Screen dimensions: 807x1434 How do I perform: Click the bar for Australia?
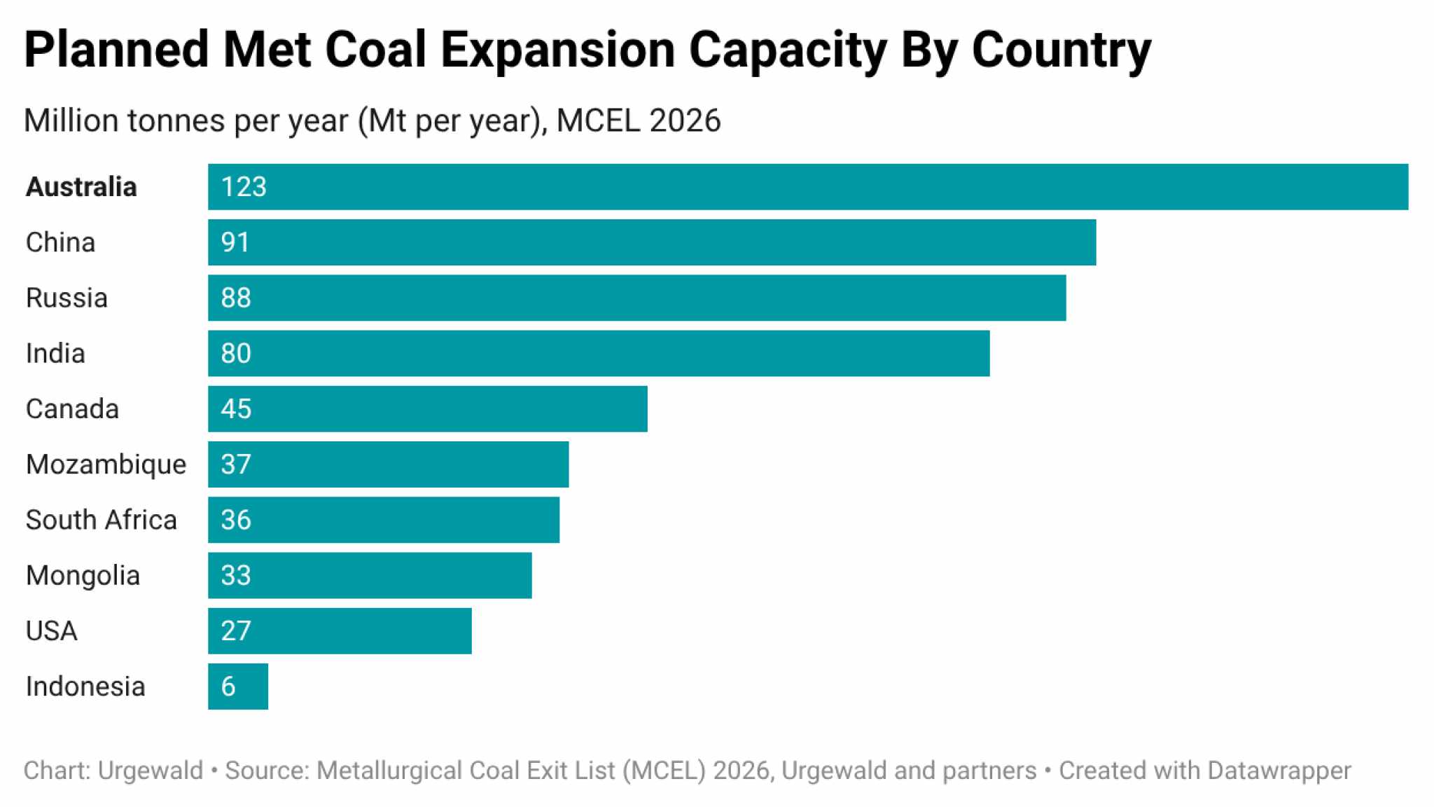[x=807, y=187]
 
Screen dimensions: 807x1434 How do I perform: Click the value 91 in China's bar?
[x=235, y=242]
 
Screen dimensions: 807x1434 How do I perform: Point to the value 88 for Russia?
[x=236, y=298]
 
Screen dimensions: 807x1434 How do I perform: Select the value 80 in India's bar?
[x=236, y=353]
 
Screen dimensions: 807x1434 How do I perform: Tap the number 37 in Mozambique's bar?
[x=236, y=464]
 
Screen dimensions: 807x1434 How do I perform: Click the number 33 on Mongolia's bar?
[x=236, y=575]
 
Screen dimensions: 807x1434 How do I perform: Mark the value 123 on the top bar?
[x=244, y=187]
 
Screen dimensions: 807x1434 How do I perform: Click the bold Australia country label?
[x=81, y=187]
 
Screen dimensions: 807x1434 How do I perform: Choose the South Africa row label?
[x=102, y=520]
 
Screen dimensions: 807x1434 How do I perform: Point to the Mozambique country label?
[x=106, y=464]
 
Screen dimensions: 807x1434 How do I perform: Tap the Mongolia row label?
[x=83, y=575]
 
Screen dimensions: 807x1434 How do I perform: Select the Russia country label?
[x=67, y=298]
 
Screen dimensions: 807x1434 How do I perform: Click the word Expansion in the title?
[x=557, y=50]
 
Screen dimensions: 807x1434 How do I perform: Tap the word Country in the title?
[x=1061, y=50]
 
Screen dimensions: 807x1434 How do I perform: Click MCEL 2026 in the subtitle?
[x=639, y=120]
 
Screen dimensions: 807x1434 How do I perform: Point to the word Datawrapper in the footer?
[x=1279, y=771]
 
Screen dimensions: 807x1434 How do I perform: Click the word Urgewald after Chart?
[x=151, y=771]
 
